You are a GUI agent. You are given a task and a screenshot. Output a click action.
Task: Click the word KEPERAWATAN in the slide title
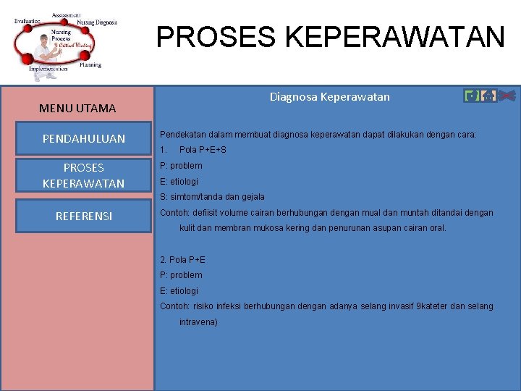click(x=394, y=36)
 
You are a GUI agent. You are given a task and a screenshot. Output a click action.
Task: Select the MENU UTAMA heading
click(x=77, y=109)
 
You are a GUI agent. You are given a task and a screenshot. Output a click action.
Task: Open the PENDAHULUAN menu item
click(x=84, y=138)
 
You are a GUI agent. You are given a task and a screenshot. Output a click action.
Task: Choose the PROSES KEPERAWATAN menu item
click(x=84, y=175)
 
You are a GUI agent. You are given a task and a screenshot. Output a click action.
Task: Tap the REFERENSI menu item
click(x=84, y=215)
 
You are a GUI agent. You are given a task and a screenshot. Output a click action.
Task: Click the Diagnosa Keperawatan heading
click(x=329, y=96)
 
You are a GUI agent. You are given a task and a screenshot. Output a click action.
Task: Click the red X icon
click(x=507, y=96)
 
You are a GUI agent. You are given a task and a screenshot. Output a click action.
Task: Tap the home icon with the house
click(x=488, y=96)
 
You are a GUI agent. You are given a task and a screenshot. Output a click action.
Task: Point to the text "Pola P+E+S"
click(x=203, y=150)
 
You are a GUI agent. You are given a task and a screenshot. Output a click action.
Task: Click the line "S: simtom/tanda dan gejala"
click(x=212, y=197)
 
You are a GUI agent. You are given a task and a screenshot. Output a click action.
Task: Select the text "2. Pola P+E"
click(x=182, y=259)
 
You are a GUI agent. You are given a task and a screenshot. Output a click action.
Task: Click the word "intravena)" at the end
click(x=198, y=322)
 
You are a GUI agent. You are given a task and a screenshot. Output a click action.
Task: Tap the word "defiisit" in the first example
click(x=205, y=213)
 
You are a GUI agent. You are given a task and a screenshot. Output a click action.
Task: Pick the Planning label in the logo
click(x=90, y=65)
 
